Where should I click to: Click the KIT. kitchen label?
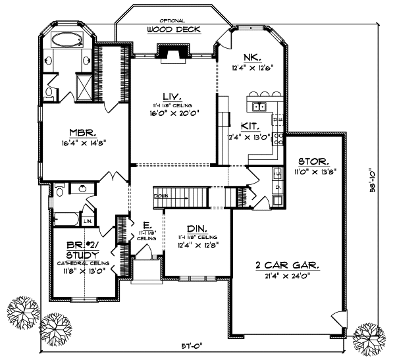[x=250, y=124]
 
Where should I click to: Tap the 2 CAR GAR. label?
[x=288, y=265]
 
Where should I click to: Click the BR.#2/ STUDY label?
[x=82, y=249]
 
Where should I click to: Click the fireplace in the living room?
[x=174, y=54]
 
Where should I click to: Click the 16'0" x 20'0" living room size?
[x=173, y=113]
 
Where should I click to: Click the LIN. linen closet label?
[x=87, y=212]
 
